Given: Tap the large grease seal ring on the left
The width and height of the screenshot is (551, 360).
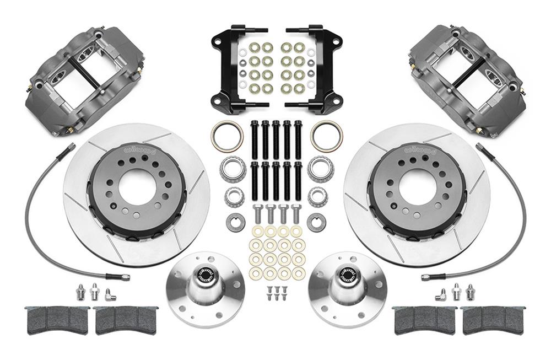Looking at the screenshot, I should (226, 137).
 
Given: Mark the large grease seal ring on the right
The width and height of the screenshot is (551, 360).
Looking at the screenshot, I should (326, 136).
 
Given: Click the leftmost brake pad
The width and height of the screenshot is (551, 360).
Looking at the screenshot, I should (57, 319).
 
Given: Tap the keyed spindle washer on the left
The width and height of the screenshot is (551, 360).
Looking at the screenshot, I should (234, 222).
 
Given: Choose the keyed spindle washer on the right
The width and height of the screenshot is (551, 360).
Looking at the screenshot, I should (317, 222).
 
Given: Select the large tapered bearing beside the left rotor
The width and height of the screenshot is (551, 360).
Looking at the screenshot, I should (233, 168).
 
